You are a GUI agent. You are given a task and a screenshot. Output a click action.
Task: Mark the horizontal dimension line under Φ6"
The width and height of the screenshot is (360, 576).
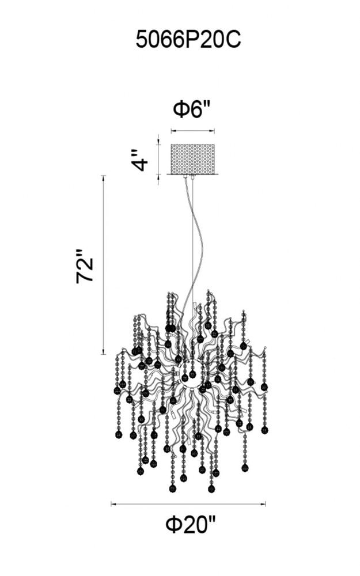pyautogui.click(x=192, y=131)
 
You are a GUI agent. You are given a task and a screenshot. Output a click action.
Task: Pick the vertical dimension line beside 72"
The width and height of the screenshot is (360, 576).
pyautogui.click(x=104, y=265)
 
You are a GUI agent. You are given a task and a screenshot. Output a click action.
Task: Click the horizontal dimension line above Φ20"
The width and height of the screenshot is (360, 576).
pyautogui.click(x=188, y=504)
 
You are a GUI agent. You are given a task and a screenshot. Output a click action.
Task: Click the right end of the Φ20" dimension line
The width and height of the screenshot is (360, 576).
pyautogui.click(x=266, y=504)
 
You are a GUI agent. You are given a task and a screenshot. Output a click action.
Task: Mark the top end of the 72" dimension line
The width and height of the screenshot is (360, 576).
pyautogui.click(x=104, y=175)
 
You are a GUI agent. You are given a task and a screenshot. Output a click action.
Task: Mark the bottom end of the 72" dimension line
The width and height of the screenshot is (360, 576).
pyautogui.click(x=104, y=354)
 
